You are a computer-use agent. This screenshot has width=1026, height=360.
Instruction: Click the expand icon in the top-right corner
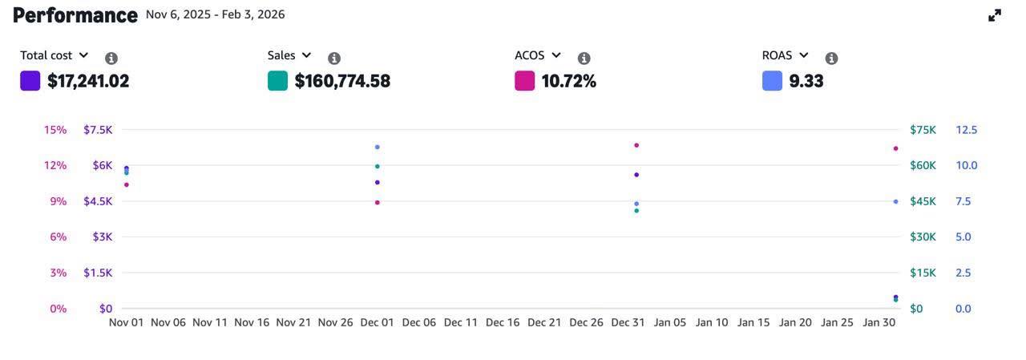coord(995,15)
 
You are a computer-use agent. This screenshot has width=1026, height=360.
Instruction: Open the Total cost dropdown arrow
coord(83,55)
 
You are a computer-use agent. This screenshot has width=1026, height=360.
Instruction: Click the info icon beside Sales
coord(334,59)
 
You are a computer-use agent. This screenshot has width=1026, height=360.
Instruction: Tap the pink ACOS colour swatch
coord(524,81)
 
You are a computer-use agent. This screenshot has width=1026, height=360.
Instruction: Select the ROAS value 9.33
coord(806,81)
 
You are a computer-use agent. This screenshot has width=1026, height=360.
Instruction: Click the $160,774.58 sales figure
coord(342,81)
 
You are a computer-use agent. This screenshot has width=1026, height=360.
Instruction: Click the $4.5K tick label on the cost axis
coord(98,201)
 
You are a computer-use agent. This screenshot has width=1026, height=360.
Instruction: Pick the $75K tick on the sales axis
coord(923,130)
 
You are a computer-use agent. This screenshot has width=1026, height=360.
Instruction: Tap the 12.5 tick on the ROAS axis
coord(966,130)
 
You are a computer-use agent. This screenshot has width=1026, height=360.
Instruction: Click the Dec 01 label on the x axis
coord(377,322)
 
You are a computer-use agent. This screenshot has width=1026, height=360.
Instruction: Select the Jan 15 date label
coord(753,322)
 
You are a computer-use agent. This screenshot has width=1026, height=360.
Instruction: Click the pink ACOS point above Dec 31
coord(636,145)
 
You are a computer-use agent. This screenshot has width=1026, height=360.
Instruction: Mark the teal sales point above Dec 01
coord(378,166)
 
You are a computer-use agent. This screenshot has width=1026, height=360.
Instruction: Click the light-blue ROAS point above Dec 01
coord(378,147)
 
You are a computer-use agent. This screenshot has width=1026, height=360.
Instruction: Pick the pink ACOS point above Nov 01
coord(127,184)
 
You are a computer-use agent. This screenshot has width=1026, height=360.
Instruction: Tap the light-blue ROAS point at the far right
coord(895,201)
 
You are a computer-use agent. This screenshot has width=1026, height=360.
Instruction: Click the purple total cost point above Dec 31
coord(636,174)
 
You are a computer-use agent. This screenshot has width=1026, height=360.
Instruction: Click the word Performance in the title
coord(75,15)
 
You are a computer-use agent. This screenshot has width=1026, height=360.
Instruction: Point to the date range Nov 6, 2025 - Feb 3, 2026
coord(215,14)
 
